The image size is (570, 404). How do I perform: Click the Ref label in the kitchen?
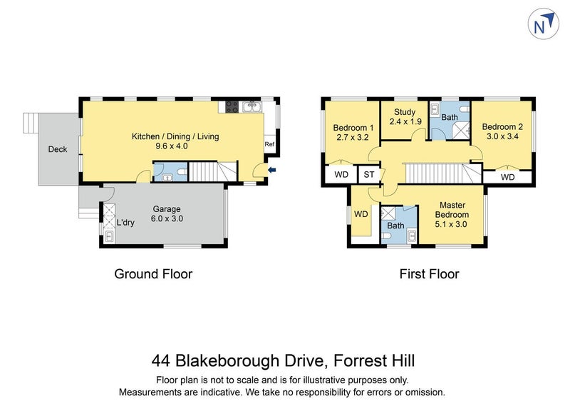click(269, 145)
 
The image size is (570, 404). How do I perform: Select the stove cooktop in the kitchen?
click(232, 107)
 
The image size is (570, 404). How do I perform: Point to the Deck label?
click(58, 149)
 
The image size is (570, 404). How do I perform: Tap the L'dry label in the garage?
click(125, 223)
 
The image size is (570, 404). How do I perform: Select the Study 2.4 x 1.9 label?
click(405, 116)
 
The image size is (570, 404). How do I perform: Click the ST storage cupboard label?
click(368, 175)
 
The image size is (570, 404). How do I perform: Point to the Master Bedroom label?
click(453, 210)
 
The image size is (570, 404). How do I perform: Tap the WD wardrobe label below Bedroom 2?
click(507, 177)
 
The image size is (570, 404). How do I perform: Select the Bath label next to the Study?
click(449, 117)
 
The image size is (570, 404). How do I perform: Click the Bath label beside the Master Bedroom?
click(396, 226)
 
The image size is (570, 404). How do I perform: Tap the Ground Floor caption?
click(154, 273)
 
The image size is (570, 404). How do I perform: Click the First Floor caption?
click(430, 273)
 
